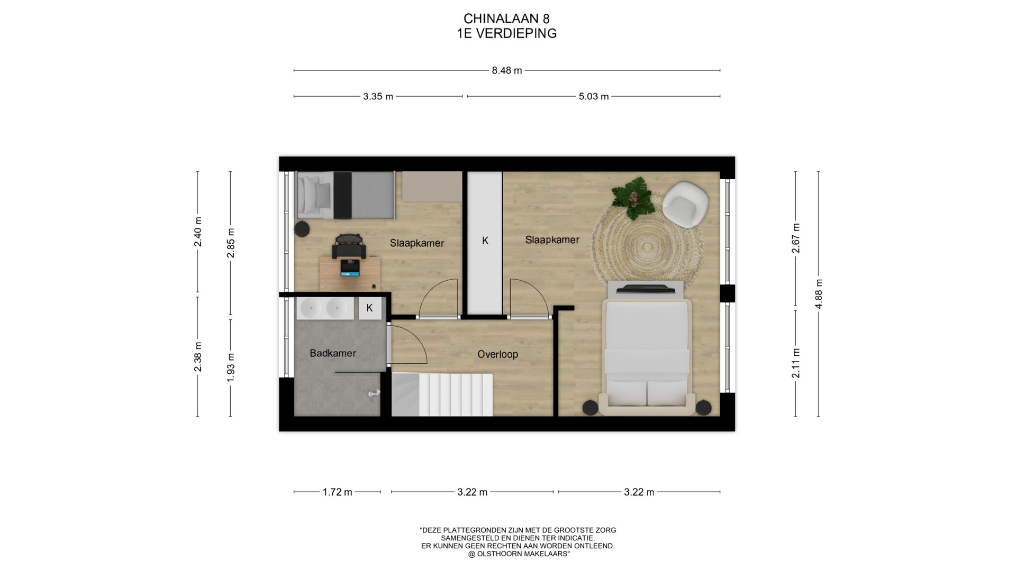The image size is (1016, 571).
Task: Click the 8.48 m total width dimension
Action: pyautogui.click(x=507, y=70)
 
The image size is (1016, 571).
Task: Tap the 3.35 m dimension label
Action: pyautogui.click(x=378, y=97)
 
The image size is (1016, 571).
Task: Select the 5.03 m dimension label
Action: pyautogui.click(x=594, y=97)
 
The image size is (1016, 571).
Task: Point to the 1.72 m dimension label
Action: pyautogui.click(x=337, y=492)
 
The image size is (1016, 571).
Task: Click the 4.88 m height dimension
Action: pyautogui.click(x=819, y=294)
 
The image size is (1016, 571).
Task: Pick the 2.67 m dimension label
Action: pyautogui.click(x=795, y=238)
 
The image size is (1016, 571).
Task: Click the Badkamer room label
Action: pyautogui.click(x=333, y=353)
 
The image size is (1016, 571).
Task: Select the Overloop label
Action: pyautogui.click(x=497, y=354)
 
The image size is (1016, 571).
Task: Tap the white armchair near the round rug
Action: pyautogui.click(x=685, y=204)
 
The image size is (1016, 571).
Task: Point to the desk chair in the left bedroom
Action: pyautogui.click(x=349, y=246)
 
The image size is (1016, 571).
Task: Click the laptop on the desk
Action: pyautogui.click(x=350, y=268)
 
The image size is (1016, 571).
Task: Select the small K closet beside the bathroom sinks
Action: pyautogui.click(x=370, y=308)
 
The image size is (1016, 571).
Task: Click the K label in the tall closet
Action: pyautogui.click(x=485, y=241)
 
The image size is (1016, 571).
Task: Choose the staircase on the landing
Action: pyautogui.click(x=442, y=394)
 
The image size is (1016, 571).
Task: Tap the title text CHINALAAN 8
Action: pyautogui.click(x=507, y=19)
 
